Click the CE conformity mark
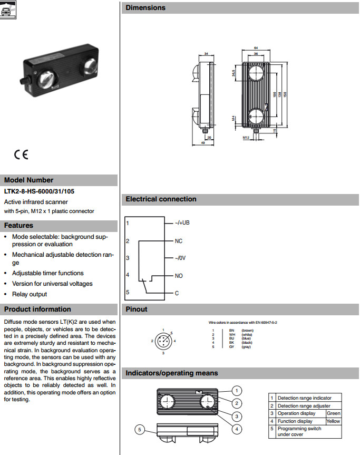point(22,155)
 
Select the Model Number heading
point(29,180)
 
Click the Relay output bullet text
point(30,294)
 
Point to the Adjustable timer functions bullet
point(47,273)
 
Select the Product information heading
point(37,309)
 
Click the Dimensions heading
point(145,8)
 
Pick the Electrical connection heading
point(161,199)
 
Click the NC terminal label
point(179,240)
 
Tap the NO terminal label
point(179,276)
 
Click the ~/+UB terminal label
point(182,223)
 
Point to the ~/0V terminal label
point(181,258)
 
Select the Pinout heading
point(137,309)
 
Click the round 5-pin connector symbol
point(163,341)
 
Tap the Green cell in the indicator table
point(334,413)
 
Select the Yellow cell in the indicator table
point(334,421)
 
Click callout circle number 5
point(139,430)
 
